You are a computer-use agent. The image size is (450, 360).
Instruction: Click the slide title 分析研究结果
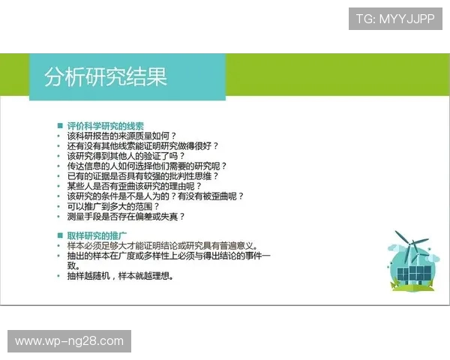[x=105, y=76]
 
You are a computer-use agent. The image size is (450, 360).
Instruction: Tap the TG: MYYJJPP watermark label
[x=395, y=19]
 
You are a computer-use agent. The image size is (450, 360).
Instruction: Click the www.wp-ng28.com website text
[x=69, y=341]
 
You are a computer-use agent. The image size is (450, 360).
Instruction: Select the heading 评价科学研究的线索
[x=105, y=126]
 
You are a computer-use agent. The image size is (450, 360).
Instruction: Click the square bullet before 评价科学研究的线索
[x=60, y=126]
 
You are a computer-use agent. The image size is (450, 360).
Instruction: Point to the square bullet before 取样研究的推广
[x=60, y=235]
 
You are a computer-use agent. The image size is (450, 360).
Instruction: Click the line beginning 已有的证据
[x=142, y=175]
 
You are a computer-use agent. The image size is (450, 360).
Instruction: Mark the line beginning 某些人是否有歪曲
[x=135, y=186]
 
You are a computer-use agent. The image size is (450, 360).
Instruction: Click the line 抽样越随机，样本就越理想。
[x=120, y=275]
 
